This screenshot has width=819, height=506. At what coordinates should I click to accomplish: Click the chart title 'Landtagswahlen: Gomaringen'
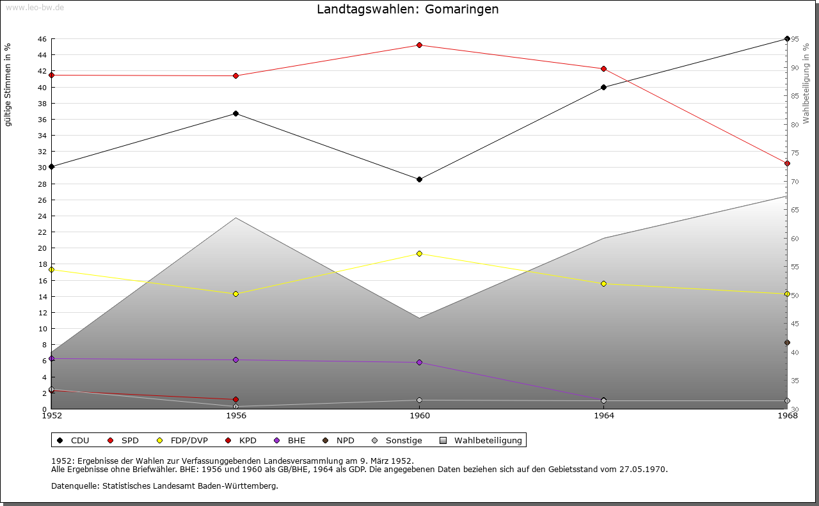pyautogui.click(x=408, y=10)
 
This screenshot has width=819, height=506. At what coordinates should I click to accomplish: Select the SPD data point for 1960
pyautogui.click(x=419, y=45)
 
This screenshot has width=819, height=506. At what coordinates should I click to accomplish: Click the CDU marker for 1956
pyautogui.click(x=236, y=114)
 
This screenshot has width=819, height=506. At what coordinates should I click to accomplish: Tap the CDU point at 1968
pyautogui.click(x=787, y=39)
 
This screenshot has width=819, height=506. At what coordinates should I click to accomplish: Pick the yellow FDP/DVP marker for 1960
pyautogui.click(x=419, y=254)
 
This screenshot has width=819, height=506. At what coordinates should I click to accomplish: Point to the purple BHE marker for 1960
pyautogui.click(x=419, y=363)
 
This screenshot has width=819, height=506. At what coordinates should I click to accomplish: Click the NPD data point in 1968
pyautogui.click(x=787, y=343)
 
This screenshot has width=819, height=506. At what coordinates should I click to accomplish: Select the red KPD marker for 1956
pyautogui.click(x=236, y=400)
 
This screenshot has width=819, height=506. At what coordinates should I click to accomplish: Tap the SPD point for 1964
pyautogui.click(x=603, y=69)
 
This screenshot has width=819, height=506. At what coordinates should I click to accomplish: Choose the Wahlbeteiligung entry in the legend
pyautogui.click(x=488, y=441)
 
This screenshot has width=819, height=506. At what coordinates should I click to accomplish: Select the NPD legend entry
pyautogui.click(x=345, y=441)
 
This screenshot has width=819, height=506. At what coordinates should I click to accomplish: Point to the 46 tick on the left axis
pyautogui.click(x=42, y=39)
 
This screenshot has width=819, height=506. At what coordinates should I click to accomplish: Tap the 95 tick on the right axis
pyautogui.click(x=794, y=39)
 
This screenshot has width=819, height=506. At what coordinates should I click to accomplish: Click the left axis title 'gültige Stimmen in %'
pyautogui.click(x=8, y=84)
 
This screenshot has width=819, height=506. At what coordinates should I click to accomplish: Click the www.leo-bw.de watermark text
pyautogui.click(x=34, y=6)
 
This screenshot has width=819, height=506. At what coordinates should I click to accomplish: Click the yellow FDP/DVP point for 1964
pyautogui.click(x=603, y=283)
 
